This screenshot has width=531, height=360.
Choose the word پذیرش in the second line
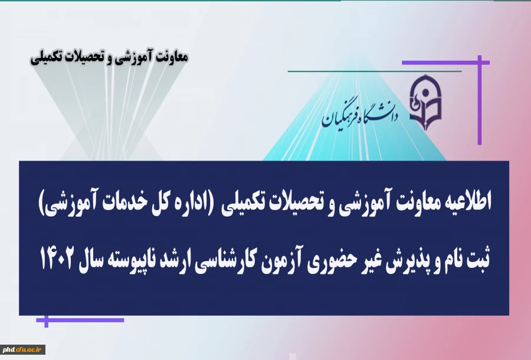tap(434, 257)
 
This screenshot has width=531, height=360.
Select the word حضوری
tap(368, 257)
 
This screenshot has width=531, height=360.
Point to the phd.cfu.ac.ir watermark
tap(24, 350)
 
